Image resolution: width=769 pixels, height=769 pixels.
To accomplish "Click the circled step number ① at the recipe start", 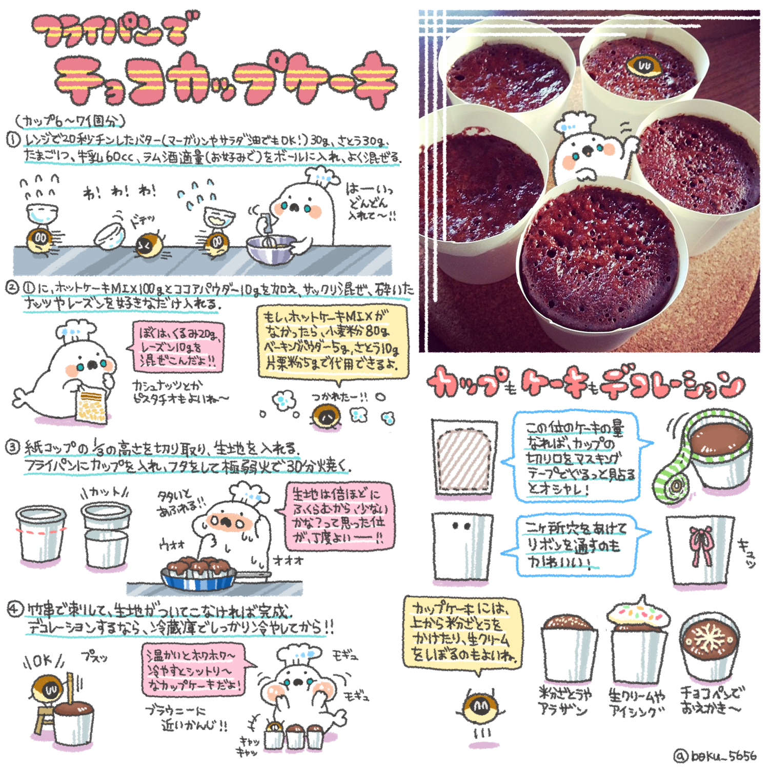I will point(14,139).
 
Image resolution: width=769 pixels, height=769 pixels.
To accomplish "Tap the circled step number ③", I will point(13,447).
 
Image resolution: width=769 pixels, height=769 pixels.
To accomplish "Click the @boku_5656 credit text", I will point(716,756).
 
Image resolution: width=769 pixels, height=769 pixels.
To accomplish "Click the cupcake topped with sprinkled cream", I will point(638,615).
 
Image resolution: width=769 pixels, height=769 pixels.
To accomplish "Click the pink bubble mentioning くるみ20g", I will point(178,347).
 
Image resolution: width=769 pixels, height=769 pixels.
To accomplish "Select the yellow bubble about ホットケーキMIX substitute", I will point(333,341).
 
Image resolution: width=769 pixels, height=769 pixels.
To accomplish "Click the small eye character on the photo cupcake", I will point(643,66).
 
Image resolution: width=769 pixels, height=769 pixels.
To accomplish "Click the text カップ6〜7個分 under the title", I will point(70,122).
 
